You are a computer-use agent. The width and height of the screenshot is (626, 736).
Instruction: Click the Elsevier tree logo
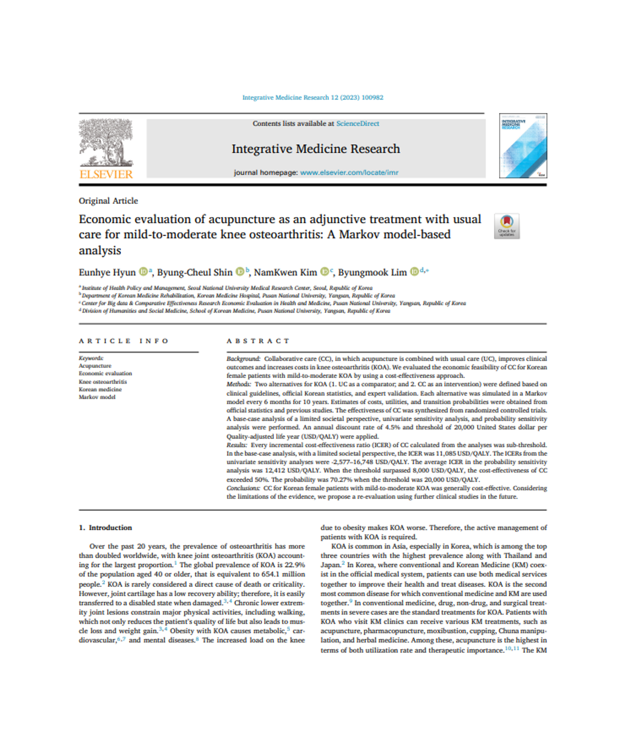pyautogui.click(x=106, y=142)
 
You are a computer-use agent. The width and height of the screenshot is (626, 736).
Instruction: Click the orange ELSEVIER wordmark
pyautogui.click(x=106, y=174)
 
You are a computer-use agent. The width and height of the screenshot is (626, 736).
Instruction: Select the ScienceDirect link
pyautogui.click(x=357, y=123)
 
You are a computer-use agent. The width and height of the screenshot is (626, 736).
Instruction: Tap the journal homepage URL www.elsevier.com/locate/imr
pyautogui.click(x=349, y=172)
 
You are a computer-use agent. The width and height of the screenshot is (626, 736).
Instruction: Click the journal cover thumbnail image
pyautogui.click(x=522, y=146)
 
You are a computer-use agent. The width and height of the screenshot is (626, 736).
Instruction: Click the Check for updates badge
pyautogui.click(x=507, y=225)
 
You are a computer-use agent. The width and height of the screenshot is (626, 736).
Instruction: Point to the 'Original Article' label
pyautogui.click(x=108, y=201)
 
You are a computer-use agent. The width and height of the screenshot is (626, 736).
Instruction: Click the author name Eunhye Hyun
pyautogui.click(x=107, y=273)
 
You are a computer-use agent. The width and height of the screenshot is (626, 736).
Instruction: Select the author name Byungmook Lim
pyautogui.click(x=372, y=273)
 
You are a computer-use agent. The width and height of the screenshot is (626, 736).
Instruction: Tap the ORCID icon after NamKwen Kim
pyautogui.click(x=325, y=272)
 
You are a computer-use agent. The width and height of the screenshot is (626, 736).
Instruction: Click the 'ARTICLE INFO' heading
pyautogui.click(x=124, y=341)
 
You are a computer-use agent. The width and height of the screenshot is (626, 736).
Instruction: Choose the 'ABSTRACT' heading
pyautogui.click(x=258, y=341)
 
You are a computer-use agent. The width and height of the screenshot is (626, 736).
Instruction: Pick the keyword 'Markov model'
pyautogui.click(x=97, y=397)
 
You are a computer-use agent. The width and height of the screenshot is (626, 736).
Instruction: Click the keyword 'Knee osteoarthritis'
pyautogui.click(x=102, y=381)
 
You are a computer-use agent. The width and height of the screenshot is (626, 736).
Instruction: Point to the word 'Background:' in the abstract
pyautogui.click(x=243, y=359)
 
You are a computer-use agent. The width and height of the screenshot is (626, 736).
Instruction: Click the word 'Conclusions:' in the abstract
pyautogui.click(x=243, y=488)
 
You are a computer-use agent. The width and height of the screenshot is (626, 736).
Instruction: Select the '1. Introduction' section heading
pyautogui.click(x=105, y=528)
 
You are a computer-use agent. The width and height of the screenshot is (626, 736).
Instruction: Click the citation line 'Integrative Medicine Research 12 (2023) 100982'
pyautogui.click(x=312, y=97)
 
